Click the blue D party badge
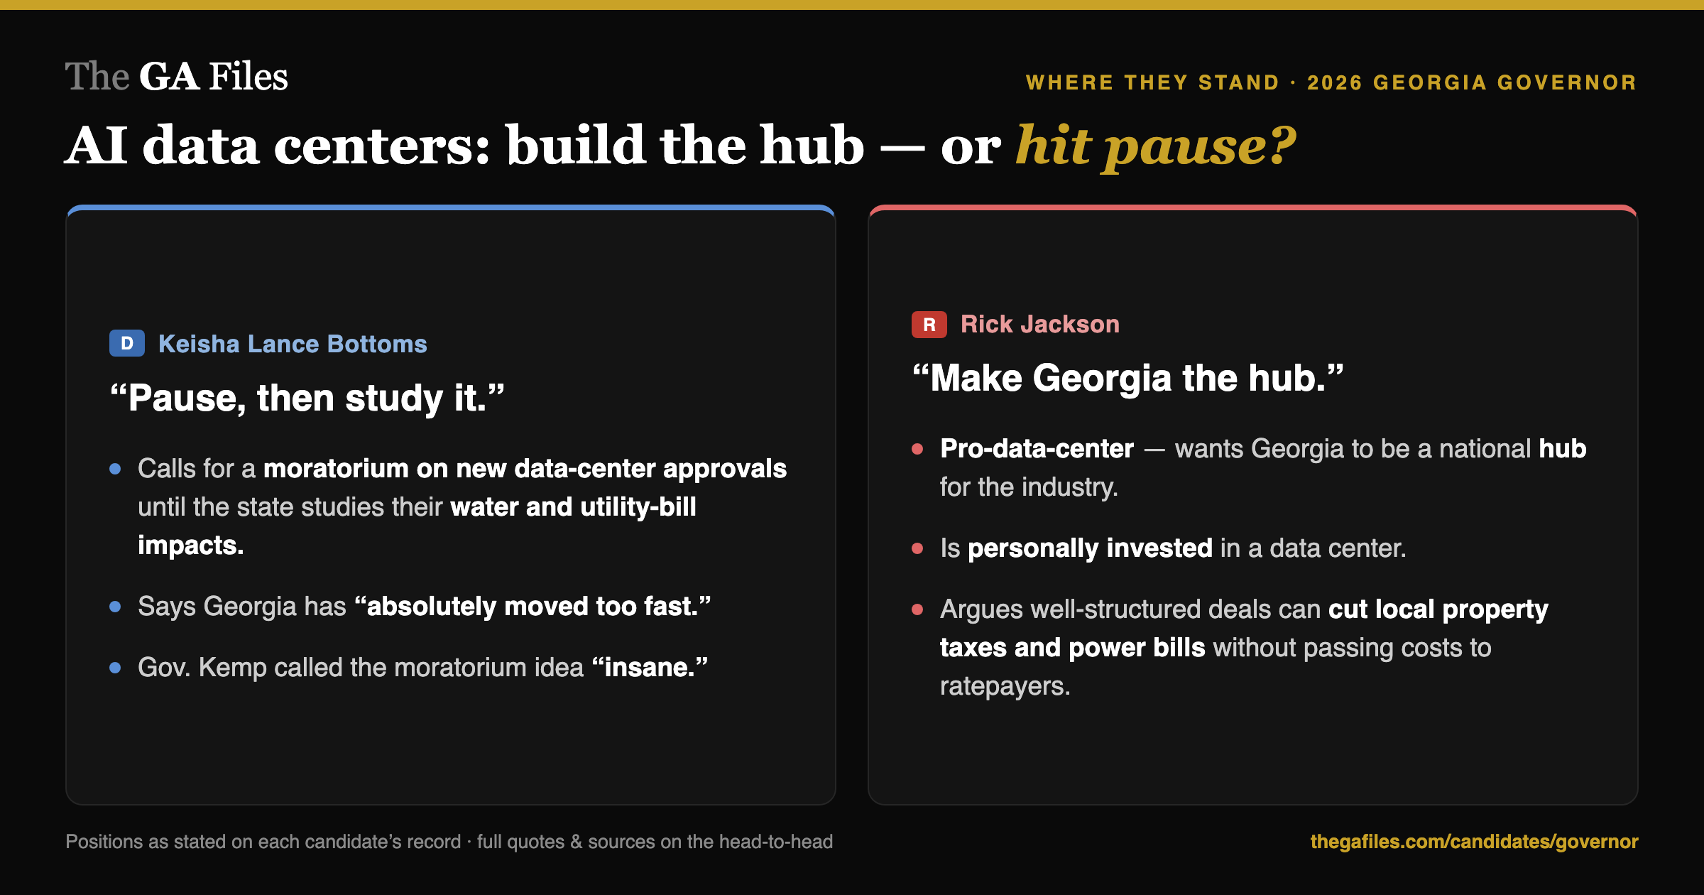tap(127, 344)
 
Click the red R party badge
tap(929, 325)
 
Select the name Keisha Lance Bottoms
tap(293, 344)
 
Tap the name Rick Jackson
tap(1040, 324)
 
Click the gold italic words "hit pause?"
tap(1156, 146)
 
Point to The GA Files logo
tap(177, 76)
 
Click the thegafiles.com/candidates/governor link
tap(1474, 842)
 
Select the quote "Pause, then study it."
tap(307, 398)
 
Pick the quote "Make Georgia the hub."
tap(1128, 378)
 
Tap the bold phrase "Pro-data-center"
tap(1037, 448)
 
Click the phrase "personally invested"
tap(1090, 548)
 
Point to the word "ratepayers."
tap(1005, 686)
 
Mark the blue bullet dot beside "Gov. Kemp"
tap(115, 668)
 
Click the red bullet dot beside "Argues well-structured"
tap(917, 609)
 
